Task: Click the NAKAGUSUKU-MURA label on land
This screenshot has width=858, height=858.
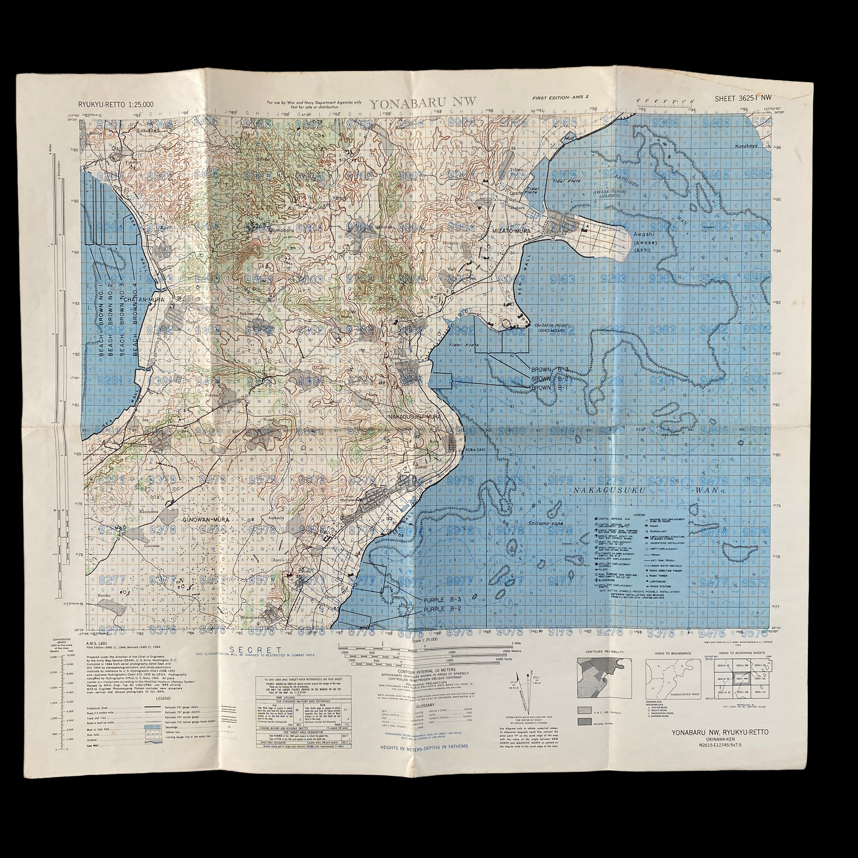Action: pos(415,417)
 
